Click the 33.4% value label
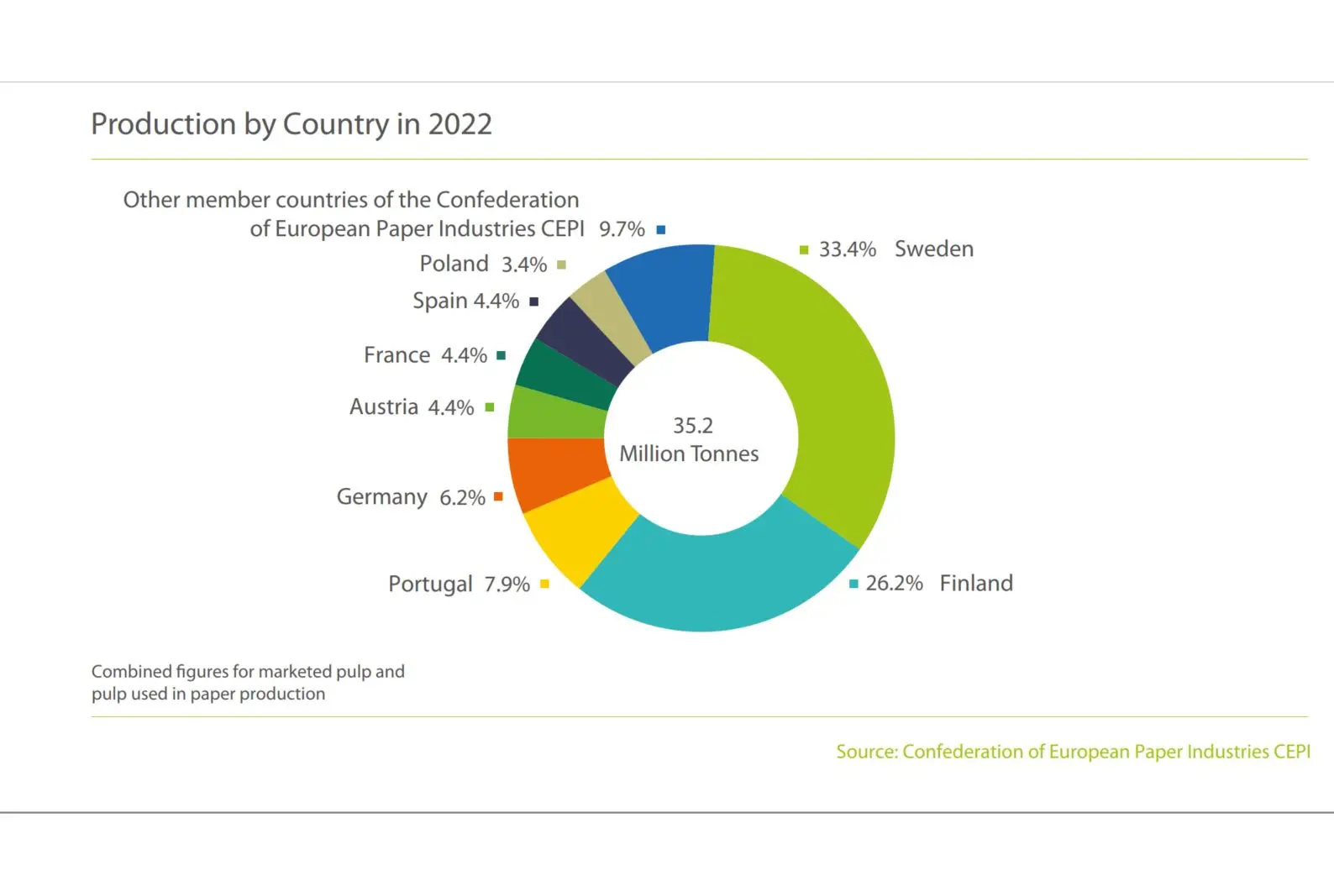(x=847, y=249)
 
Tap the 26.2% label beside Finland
(x=894, y=583)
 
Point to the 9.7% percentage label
(x=622, y=229)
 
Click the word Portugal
(x=430, y=584)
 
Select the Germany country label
(x=382, y=497)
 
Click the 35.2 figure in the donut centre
(x=693, y=426)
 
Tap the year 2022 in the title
(x=460, y=124)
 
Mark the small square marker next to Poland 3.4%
(x=561, y=265)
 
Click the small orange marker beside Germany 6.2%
(x=498, y=497)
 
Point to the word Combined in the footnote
(x=131, y=672)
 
